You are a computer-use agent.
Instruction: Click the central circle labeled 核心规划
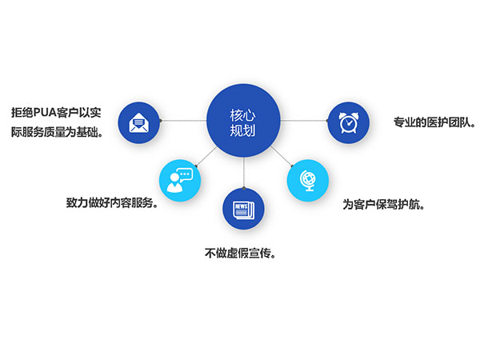243,121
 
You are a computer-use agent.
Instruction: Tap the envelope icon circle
139,122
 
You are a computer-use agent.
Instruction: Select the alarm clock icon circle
348,122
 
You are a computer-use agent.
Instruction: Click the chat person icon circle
180,181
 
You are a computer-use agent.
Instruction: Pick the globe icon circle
308,181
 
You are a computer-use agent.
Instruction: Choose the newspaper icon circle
243,209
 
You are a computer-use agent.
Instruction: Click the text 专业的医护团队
434,122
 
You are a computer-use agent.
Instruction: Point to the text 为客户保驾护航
383,205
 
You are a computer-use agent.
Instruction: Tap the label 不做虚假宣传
240,253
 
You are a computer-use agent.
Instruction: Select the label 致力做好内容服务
112,202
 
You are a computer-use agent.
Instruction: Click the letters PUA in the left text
45,113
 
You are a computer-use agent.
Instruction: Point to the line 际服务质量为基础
57,132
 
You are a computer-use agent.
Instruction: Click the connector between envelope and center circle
183,121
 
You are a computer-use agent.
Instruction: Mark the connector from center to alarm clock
304,121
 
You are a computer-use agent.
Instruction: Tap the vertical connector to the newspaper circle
244,173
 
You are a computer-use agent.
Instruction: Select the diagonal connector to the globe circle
282,157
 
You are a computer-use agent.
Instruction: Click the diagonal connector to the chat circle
206,157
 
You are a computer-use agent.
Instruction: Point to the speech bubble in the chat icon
185,174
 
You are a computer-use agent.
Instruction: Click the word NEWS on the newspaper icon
242,206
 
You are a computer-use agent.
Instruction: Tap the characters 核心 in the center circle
242,115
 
